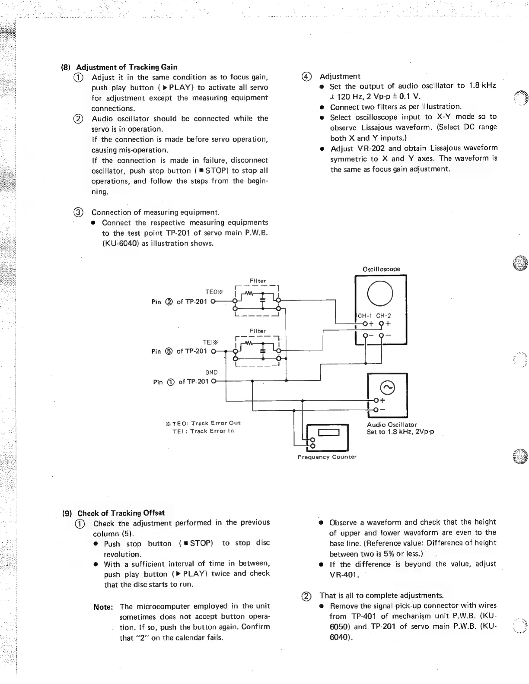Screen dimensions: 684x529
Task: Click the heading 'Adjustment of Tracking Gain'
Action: (126, 67)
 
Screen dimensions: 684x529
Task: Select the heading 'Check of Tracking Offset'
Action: (121, 513)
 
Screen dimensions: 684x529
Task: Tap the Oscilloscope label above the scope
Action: (381, 269)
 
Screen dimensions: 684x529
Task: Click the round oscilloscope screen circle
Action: (380, 293)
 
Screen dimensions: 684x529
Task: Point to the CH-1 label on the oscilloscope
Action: (365, 316)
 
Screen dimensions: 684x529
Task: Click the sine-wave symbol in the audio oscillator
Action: (387, 387)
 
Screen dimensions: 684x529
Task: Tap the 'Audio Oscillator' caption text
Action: (392, 424)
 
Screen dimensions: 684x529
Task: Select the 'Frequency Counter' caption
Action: (327, 457)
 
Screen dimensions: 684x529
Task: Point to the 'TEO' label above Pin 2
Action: (214, 291)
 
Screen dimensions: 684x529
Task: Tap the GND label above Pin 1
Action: (211, 372)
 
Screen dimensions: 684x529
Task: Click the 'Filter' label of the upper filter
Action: (258, 281)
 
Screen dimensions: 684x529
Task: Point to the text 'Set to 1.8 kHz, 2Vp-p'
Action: (400, 432)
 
